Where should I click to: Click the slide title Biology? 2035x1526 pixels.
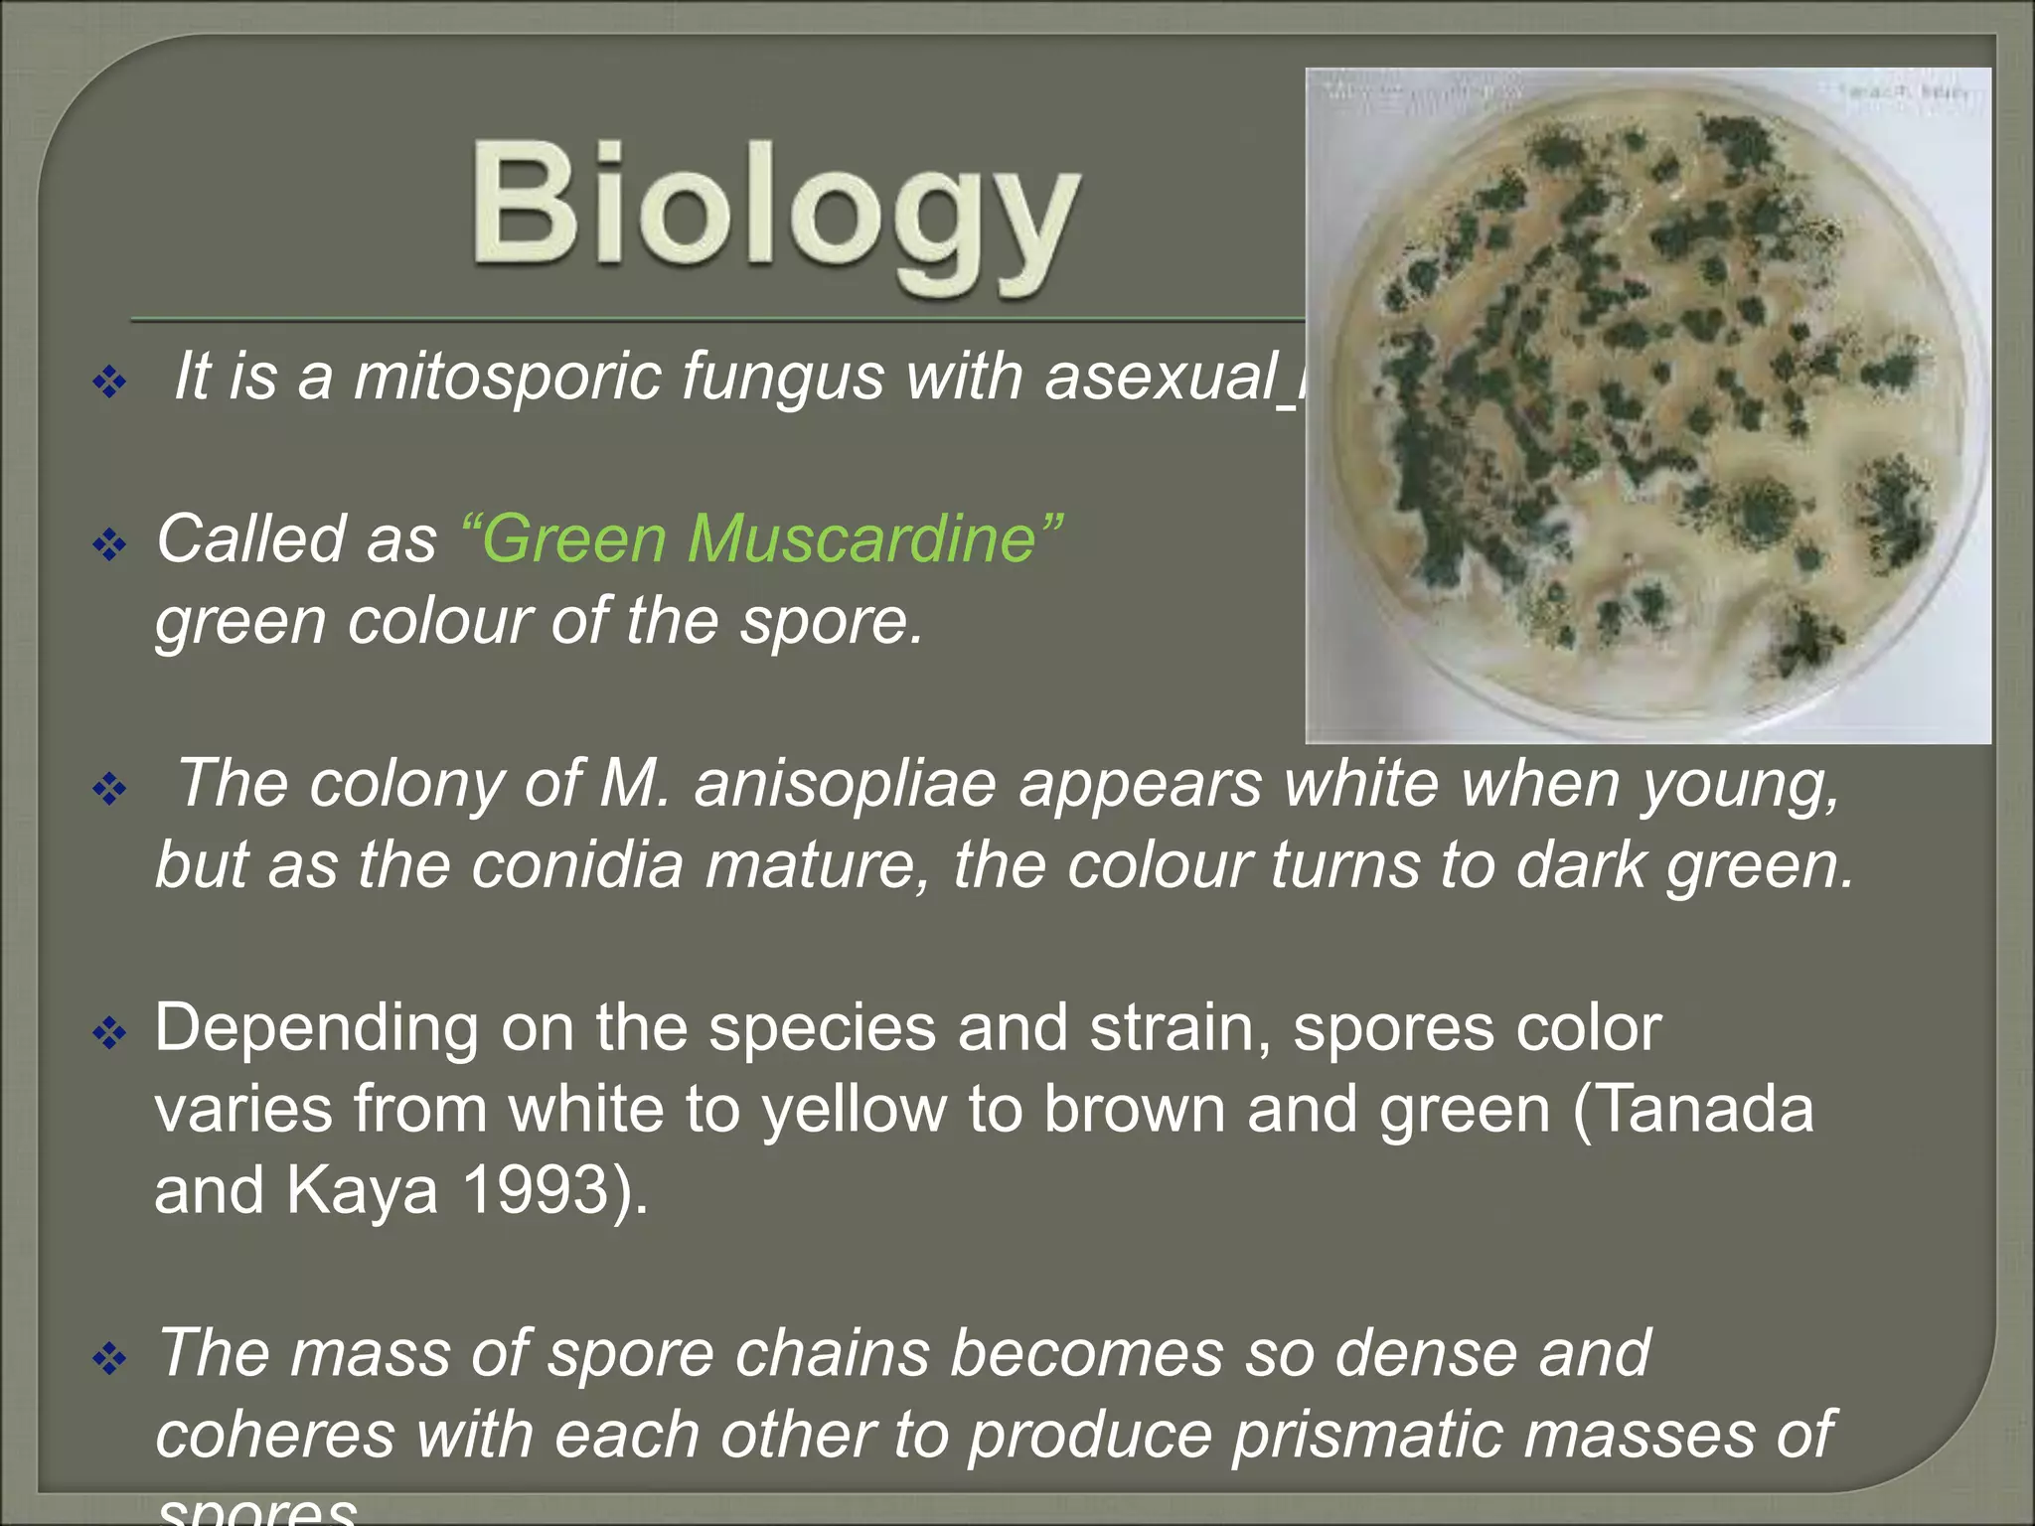(775, 214)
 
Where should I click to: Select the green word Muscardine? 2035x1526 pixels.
(861, 539)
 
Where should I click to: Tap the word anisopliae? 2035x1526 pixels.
(845, 784)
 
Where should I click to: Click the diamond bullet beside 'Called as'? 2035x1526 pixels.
(109, 543)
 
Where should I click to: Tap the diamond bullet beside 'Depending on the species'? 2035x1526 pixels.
(109, 1033)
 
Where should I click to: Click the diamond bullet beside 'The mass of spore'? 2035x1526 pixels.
(109, 1358)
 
